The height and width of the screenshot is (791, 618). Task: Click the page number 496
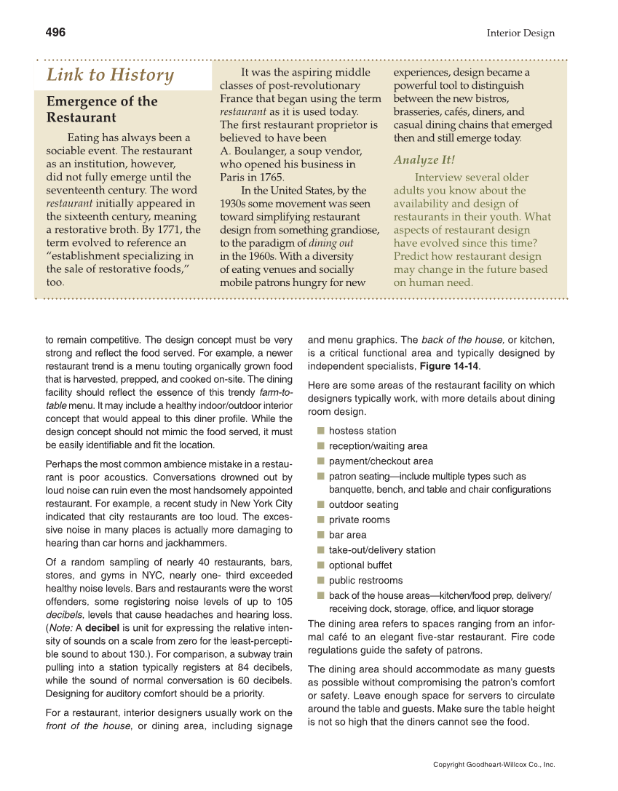pyautogui.click(x=55, y=33)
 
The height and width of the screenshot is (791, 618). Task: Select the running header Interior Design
pyautogui.click(x=520, y=33)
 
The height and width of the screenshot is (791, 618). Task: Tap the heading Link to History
pyautogui.click(x=110, y=76)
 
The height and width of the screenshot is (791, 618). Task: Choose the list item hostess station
pyautogui.click(x=363, y=432)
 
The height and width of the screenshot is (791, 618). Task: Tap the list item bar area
pyautogui.click(x=347, y=536)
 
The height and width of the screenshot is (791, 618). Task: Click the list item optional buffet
pyautogui.click(x=360, y=565)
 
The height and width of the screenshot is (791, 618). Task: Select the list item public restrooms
pyautogui.click(x=365, y=581)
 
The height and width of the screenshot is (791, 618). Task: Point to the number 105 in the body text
pyautogui.click(x=285, y=602)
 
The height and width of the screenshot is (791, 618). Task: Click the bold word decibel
pyautogui.click(x=103, y=629)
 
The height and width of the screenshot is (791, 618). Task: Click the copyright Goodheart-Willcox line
pyautogui.click(x=494, y=765)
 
